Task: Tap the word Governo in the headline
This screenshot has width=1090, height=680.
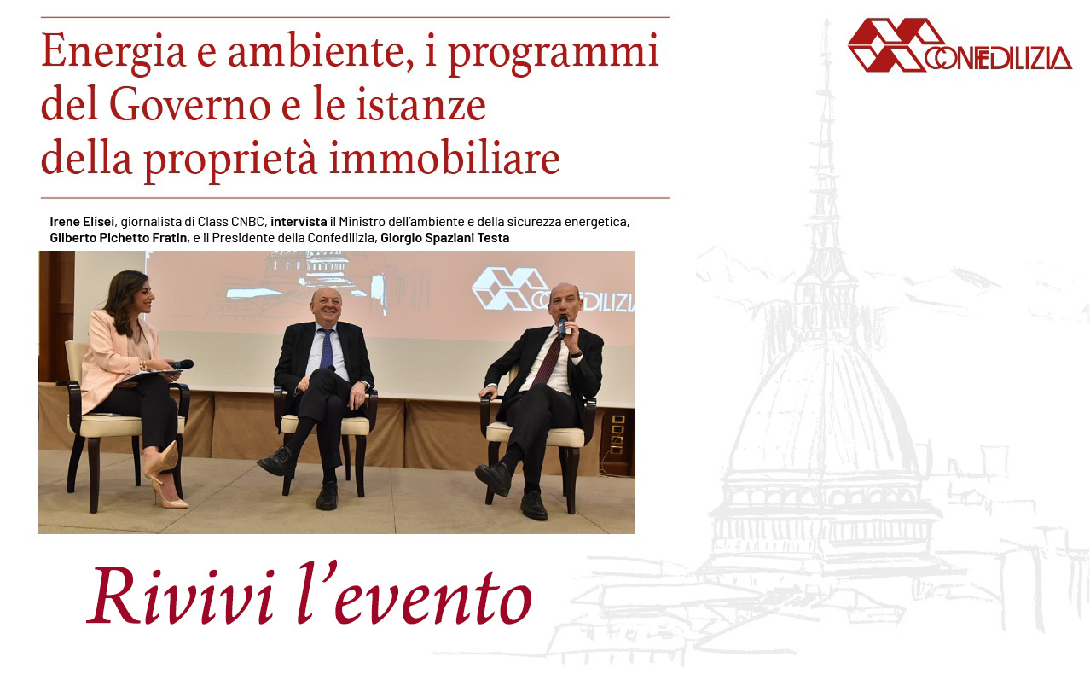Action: pyautogui.click(x=190, y=105)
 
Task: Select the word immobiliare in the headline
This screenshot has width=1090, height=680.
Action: pyautogui.click(x=444, y=159)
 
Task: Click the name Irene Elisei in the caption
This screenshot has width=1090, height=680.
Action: pyautogui.click(x=82, y=222)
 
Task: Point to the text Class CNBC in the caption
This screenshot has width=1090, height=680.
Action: pyautogui.click(x=231, y=222)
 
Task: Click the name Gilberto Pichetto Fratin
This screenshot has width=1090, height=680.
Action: pyautogui.click(x=119, y=238)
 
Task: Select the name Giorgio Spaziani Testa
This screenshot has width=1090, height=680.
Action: pyautogui.click(x=444, y=238)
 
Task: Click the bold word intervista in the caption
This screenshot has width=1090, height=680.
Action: pyautogui.click(x=299, y=222)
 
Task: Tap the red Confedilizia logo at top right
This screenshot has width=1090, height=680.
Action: pyautogui.click(x=960, y=45)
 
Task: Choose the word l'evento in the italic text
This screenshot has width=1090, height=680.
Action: pyautogui.click(x=415, y=595)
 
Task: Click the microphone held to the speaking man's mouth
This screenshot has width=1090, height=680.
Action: pyautogui.click(x=562, y=327)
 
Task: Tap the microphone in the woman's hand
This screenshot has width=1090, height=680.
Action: pyautogui.click(x=181, y=364)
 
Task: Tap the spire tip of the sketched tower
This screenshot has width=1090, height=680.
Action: pyautogui.click(x=826, y=20)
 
